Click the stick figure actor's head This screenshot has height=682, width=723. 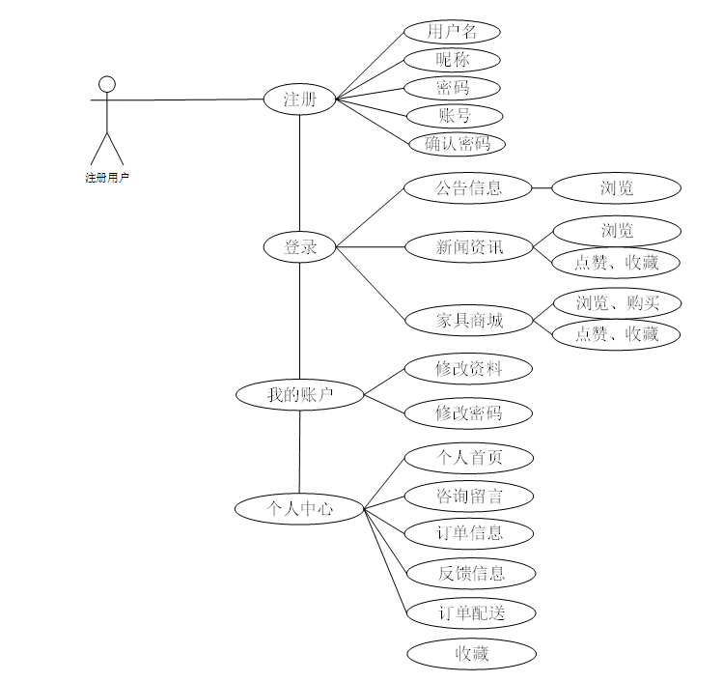108,83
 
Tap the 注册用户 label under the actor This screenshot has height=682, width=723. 107,178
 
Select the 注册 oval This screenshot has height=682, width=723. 299,99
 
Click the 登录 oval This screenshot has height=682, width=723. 299,247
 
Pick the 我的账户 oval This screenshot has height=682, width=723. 300,394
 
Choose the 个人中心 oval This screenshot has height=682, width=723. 299,508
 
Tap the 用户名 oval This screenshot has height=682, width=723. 452,32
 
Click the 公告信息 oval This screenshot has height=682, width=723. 468,187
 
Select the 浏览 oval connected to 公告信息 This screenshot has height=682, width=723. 617,187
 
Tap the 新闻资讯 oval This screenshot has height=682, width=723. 468,247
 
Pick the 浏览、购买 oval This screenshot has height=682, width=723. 617,303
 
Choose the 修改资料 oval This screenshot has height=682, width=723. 468,368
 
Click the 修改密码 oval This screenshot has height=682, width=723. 468,413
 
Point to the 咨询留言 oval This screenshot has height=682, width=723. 469,497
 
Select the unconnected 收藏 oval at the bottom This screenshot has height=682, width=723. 471,654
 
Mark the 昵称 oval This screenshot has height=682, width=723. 452,60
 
